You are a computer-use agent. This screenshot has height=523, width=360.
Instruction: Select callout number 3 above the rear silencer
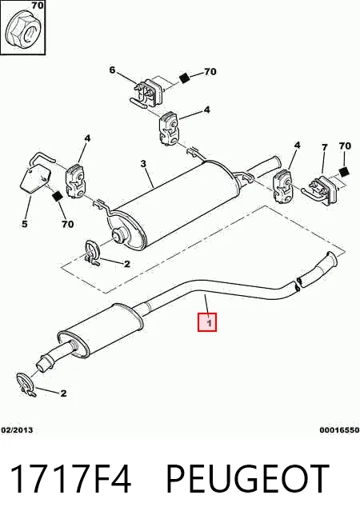click(143, 164)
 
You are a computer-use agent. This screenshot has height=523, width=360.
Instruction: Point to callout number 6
click(112, 70)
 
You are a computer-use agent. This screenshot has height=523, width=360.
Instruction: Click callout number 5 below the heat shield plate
click(24, 224)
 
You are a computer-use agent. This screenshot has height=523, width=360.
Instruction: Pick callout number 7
click(325, 147)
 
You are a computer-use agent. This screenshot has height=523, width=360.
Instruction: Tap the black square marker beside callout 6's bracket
click(184, 78)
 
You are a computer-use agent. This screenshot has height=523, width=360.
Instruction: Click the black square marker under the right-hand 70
click(344, 171)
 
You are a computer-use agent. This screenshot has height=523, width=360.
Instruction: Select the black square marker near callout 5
click(58, 196)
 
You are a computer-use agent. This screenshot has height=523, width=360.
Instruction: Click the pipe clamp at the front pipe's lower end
click(25, 384)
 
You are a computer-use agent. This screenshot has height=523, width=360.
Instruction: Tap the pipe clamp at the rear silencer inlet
click(91, 253)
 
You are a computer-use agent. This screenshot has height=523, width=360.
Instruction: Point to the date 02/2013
click(18, 430)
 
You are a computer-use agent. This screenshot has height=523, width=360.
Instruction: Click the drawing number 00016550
click(340, 430)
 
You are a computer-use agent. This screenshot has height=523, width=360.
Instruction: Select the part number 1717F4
click(70, 479)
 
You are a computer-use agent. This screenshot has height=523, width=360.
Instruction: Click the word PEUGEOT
click(247, 479)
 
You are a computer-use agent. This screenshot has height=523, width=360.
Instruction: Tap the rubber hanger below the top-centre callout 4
click(169, 129)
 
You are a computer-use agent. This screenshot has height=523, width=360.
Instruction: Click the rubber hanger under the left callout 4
click(76, 180)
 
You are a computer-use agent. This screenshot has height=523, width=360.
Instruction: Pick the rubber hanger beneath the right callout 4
click(283, 186)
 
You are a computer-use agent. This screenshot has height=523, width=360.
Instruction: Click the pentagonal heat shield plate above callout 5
click(35, 179)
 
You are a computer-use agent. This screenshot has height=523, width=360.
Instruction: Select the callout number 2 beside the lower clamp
click(63, 393)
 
